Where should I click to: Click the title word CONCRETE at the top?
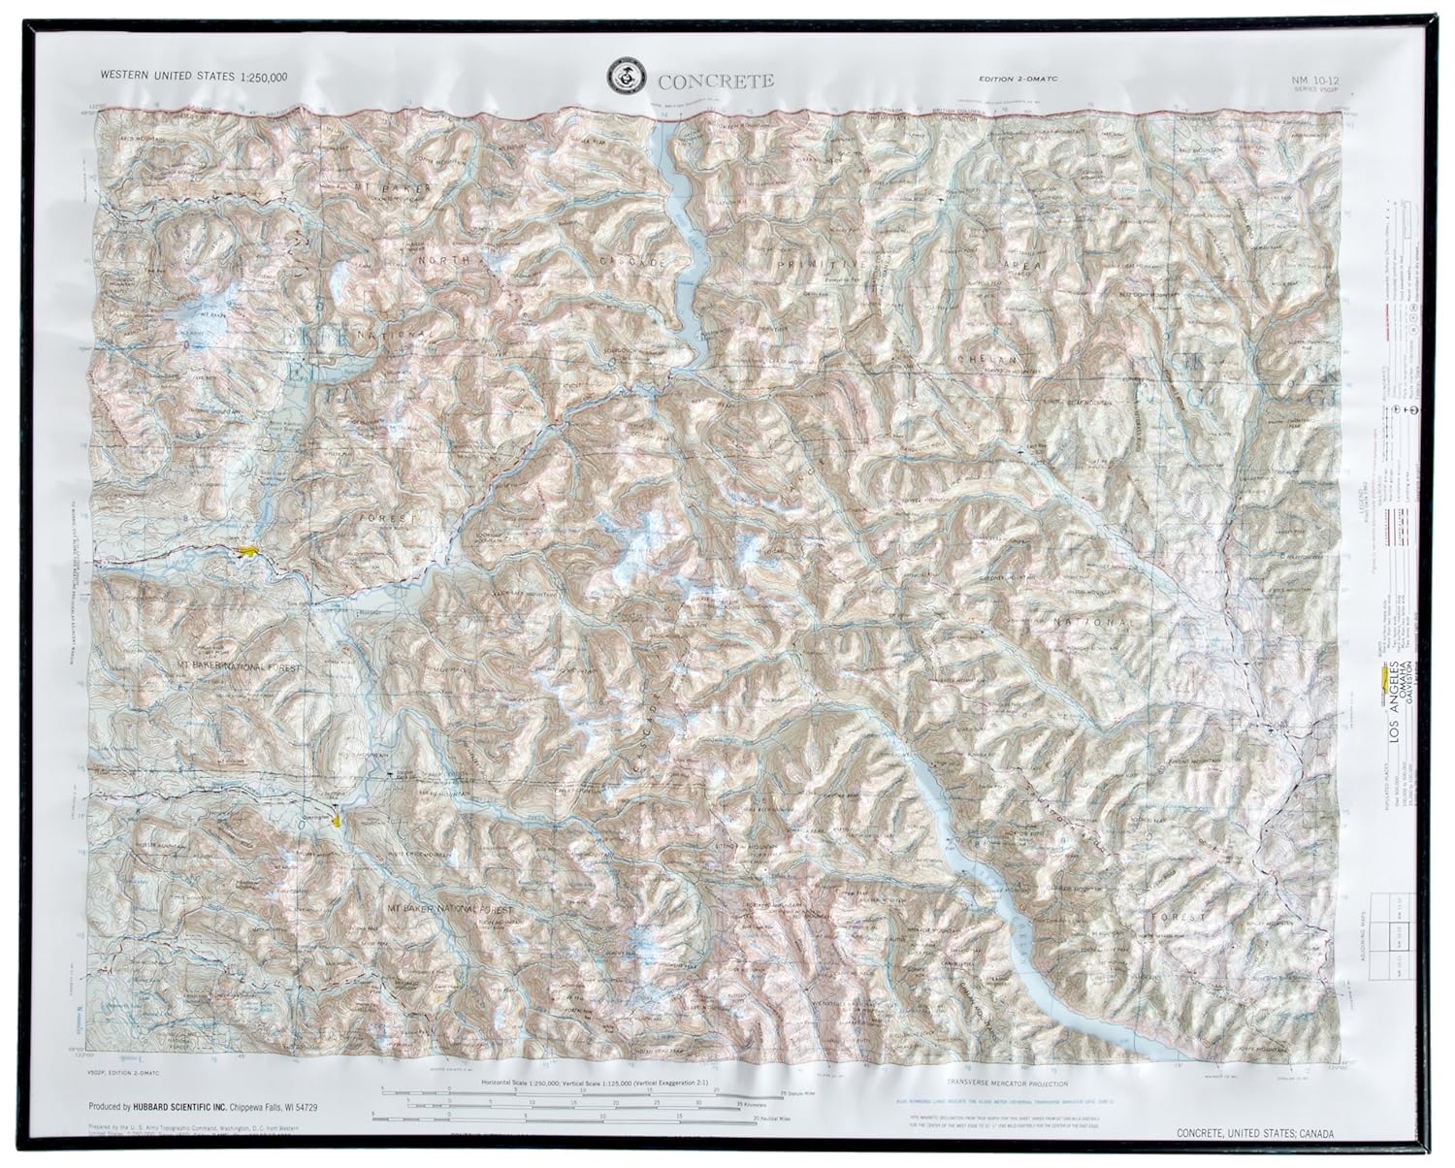pos(716,81)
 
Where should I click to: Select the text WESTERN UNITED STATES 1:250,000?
pos(184,77)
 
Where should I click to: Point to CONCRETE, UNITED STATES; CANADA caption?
pos(1254,1134)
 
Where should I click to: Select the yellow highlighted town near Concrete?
pos(248,551)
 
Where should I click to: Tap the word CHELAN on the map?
pos(986,359)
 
